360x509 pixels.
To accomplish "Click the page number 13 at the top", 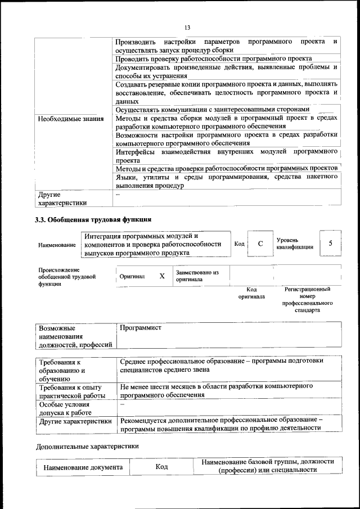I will pos(187,26).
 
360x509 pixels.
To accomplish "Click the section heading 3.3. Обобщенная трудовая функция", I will pos(93,219).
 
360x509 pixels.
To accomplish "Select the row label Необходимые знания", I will pos(70,119).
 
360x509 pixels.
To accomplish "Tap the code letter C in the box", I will pos(260,244).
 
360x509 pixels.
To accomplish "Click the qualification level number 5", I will pos(331,243).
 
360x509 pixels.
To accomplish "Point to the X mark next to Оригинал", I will pos(162,276).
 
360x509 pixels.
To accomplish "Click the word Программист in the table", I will pos(141,327).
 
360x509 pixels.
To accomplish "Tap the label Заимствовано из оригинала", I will pos(196,276).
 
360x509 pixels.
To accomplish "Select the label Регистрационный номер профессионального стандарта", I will pos(307,299).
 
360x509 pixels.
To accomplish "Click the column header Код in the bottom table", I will pos(163,467).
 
